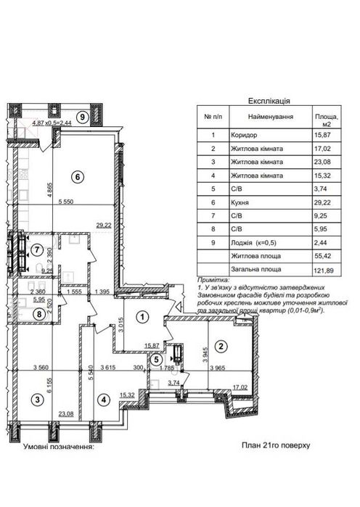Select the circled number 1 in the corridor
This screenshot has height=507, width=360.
(x=144, y=316)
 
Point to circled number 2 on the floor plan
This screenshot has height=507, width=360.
(x=223, y=346)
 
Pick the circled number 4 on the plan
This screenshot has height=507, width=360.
(x=105, y=399)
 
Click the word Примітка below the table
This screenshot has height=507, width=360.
(x=213, y=279)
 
